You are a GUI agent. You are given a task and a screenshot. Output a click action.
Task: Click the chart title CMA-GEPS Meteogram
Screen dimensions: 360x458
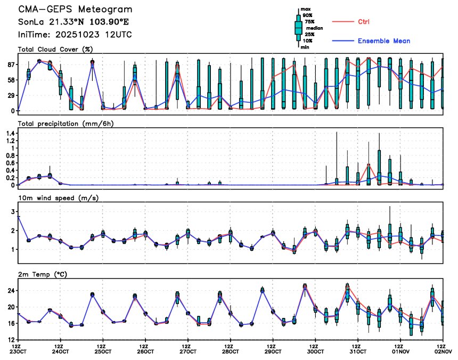pyautogui.click(x=75, y=10)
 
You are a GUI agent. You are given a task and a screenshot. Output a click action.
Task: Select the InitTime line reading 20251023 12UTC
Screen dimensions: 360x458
pyautogui.click(x=75, y=34)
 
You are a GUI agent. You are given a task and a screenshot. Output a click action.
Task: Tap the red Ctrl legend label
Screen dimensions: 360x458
pyautogui.click(x=363, y=22)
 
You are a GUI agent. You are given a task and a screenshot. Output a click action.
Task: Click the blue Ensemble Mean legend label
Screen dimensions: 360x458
pyautogui.click(x=383, y=41)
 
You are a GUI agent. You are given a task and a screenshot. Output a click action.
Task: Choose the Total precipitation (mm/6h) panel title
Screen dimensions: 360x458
pyautogui.click(x=66, y=124)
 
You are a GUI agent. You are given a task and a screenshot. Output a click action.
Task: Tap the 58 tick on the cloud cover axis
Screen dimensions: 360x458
pyautogui.click(x=10, y=79)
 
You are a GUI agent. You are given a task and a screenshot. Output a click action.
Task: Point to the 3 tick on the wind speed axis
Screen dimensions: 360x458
pyautogui.click(x=12, y=212)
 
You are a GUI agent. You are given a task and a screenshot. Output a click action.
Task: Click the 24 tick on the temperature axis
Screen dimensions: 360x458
pyautogui.click(x=10, y=291)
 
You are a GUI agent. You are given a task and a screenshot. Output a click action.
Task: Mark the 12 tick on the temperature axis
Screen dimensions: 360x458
pyautogui.click(x=10, y=339)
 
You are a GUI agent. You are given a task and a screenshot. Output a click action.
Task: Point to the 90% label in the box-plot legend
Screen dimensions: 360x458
pyautogui.click(x=308, y=15)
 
